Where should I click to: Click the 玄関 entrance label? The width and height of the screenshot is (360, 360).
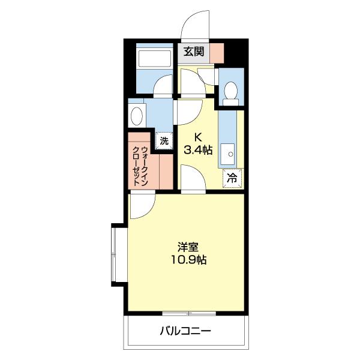(194, 52)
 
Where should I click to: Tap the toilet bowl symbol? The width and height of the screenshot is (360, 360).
(231, 90)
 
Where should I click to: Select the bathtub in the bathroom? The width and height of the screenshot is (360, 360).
(155, 59)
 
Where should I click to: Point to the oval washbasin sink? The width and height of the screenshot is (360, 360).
(137, 116)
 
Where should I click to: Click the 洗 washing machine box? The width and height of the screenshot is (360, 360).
(164, 141)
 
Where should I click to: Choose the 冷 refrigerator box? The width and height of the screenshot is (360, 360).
(232, 178)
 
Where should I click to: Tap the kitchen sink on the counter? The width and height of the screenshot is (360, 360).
(228, 154)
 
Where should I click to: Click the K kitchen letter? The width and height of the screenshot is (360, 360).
(198, 137)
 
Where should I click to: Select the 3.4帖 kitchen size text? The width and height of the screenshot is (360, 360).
(198, 150)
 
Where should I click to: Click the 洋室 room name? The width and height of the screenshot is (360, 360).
(188, 247)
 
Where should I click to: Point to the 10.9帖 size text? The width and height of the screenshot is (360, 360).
(188, 260)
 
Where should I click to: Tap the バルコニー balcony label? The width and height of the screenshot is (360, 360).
(185, 331)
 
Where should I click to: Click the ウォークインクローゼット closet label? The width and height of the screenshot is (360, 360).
(140, 166)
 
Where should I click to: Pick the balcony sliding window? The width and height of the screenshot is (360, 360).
(189, 313)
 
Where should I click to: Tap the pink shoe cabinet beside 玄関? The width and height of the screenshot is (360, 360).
(217, 53)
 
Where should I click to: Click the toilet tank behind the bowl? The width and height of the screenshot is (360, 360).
(231, 102)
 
